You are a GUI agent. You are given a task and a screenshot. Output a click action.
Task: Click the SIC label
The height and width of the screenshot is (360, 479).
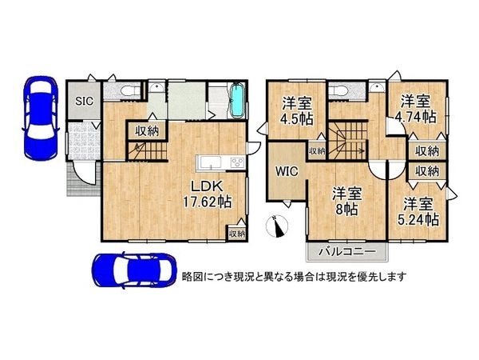tap(82, 101)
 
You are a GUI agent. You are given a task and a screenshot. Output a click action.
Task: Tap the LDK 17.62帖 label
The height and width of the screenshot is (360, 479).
tap(211, 194)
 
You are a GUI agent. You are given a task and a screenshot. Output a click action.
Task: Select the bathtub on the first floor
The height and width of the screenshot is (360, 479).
tap(238, 102)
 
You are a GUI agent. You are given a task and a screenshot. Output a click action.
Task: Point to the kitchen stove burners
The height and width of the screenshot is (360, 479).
tap(237, 163)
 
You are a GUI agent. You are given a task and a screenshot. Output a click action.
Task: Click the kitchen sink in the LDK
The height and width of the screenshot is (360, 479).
tap(210, 163)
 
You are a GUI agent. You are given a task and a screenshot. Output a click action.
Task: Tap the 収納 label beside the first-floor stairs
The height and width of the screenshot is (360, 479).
tap(146, 131)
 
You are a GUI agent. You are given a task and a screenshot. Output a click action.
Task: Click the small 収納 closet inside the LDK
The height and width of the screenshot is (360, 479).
tap(236, 234)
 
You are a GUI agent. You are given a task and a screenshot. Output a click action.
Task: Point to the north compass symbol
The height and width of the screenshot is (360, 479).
tap(278, 227)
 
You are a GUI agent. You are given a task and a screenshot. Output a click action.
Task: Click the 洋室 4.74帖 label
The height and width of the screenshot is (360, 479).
tap(418, 108)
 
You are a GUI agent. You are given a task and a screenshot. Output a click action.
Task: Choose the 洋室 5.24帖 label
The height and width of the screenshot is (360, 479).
tap(419, 210)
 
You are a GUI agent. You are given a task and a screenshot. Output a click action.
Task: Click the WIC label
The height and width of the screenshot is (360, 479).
tap(287, 170)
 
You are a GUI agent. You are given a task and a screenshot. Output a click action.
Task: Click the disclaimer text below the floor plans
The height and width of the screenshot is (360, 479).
tap(295, 276)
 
